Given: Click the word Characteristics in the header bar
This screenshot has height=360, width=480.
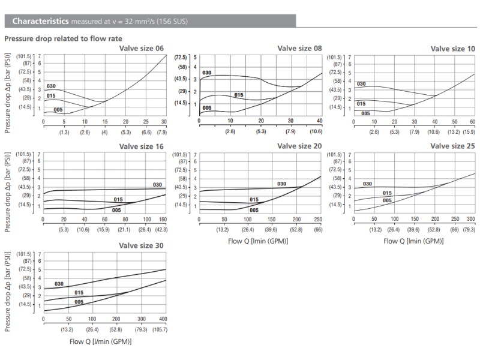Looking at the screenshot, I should click(x=40, y=22).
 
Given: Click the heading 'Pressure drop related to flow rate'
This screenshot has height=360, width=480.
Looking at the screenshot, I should click(x=63, y=38).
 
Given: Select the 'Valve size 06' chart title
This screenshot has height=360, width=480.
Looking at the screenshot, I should click(x=142, y=48).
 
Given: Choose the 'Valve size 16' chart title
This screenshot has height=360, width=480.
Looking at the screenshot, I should click(x=142, y=146).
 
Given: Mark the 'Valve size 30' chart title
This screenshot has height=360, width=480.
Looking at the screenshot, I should click(x=142, y=245).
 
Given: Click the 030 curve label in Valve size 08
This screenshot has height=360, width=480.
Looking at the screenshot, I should click(x=207, y=73).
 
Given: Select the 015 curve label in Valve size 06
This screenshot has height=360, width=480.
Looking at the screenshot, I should click(x=51, y=96).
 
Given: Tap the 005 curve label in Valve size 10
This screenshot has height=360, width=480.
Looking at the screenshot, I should click(x=365, y=112).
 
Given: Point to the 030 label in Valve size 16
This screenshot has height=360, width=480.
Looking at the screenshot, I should click(x=157, y=184).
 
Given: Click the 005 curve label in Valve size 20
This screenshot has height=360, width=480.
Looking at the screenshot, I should click(x=254, y=210).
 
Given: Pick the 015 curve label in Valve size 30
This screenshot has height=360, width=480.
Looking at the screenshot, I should click(x=79, y=293).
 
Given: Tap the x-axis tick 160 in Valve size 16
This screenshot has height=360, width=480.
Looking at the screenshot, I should click(x=163, y=219).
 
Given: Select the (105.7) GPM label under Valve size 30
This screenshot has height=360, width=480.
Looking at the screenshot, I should click(x=160, y=329).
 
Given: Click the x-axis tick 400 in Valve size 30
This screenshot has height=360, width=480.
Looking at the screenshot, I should click(x=163, y=319).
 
